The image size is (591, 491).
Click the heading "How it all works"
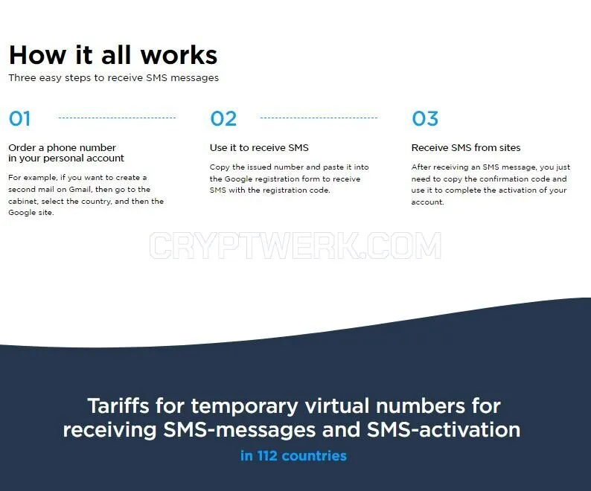[113, 55]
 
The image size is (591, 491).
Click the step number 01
[19, 118]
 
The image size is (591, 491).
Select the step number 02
[223, 118]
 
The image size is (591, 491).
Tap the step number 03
[425, 118]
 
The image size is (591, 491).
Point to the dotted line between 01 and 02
[117, 118]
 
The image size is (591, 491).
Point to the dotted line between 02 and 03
[319, 118]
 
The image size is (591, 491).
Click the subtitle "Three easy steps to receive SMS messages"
[113, 77]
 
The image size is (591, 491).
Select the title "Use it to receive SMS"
[259, 147]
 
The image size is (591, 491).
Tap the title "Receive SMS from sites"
[466, 147]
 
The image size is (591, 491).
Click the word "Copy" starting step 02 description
[220, 167]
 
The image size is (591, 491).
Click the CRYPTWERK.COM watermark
[295, 245]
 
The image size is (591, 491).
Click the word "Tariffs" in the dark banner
[118, 406]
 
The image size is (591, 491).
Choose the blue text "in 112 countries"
[293, 456]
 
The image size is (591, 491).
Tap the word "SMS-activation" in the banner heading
[444, 429]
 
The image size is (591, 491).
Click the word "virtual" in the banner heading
[337, 406]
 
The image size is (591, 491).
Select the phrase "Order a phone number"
[63, 147]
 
